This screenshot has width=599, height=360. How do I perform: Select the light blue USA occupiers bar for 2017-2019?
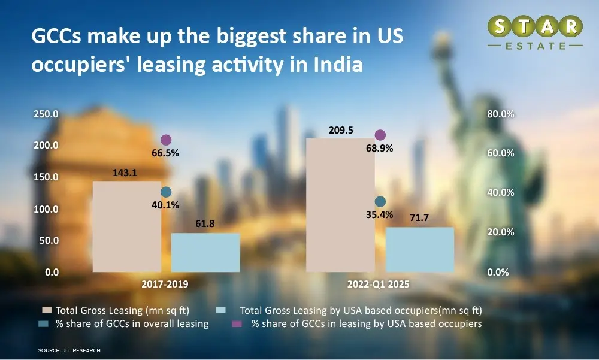[x=205, y=252]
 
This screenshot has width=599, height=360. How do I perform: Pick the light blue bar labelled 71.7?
[x=419, y=249]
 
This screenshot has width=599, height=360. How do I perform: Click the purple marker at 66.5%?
[x=166, y=140]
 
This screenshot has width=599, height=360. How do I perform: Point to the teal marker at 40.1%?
[x=166, y=192]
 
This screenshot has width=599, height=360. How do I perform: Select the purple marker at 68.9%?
[x=380, y=135]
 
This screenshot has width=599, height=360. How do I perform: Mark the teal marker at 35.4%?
[x=380, y=202]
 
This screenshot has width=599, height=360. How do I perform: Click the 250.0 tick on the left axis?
[x=46, y=114]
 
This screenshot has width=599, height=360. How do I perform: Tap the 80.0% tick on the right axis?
[x=500, y=114]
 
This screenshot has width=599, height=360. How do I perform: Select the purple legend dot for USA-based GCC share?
[x=238, y=324]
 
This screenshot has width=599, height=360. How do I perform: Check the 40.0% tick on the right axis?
[x=500, y=193]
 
